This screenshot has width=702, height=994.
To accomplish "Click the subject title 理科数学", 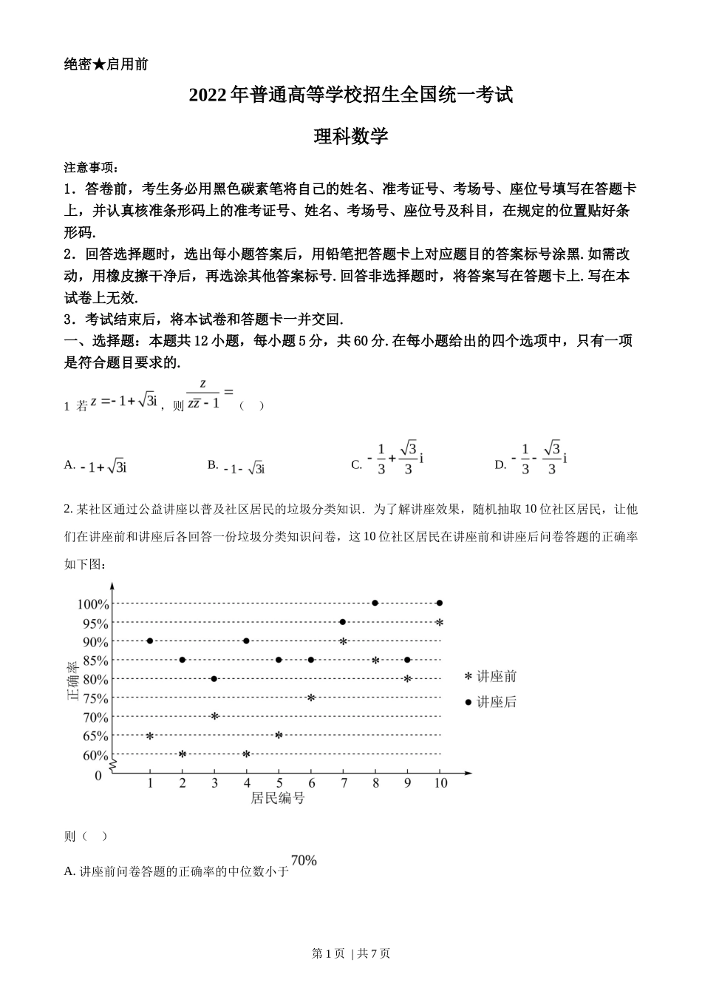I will [351, 136].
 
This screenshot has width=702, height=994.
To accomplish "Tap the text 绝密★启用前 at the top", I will [106, 64].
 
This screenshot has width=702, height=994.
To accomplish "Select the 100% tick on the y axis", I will [93, 604].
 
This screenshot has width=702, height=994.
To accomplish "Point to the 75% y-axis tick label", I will [95, 698].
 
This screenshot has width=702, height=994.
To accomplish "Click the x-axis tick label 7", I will [343, 783].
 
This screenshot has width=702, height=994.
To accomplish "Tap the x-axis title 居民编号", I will [277, 798].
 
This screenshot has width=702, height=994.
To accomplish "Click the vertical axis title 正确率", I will [72, 681].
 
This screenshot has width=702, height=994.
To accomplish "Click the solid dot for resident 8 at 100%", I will [375, 603].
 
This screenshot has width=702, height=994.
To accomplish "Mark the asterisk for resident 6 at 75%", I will [311, 697].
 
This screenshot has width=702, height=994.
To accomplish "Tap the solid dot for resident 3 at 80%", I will [214, 679].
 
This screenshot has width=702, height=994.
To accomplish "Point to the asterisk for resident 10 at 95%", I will [440, 623].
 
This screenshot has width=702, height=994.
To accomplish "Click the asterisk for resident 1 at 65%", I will [150, 736].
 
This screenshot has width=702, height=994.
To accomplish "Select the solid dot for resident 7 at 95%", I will [343, 622].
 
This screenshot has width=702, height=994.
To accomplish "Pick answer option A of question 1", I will [96, 466].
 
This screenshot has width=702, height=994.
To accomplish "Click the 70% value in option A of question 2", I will [304, 860].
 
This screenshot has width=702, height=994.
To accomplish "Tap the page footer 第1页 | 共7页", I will [351, 954].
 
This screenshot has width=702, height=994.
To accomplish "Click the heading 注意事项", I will [91, 168].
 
